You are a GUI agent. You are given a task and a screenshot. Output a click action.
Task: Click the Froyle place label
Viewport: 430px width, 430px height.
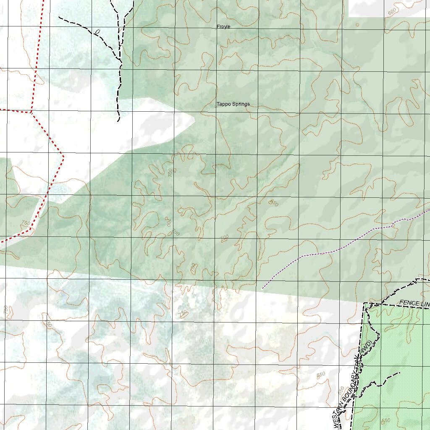pos(223,27)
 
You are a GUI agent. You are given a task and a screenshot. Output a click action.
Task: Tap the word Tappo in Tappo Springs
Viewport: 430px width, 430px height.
pos(224,104)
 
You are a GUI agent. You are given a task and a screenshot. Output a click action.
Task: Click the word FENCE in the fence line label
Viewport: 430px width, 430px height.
pos(407,302)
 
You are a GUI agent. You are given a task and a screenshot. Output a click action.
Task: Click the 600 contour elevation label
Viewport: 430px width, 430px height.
pos(392,12)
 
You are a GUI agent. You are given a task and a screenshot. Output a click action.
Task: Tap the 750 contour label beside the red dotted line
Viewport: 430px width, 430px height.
pos(26,223)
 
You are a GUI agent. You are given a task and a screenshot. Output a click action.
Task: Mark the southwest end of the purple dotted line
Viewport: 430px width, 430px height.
pos(262,288)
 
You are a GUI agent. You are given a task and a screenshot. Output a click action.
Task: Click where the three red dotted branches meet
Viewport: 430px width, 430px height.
pos(31,112)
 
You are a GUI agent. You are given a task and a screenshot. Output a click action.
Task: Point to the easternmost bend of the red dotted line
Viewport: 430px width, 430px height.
pos(63,157)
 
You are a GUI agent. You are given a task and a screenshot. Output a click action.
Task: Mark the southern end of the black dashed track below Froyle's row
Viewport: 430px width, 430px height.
pos(119,121)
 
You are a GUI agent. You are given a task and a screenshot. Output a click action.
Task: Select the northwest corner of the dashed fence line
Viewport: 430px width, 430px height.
pos(363,303)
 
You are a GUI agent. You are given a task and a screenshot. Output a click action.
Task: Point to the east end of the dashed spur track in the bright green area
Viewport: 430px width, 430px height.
pos(399,372)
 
